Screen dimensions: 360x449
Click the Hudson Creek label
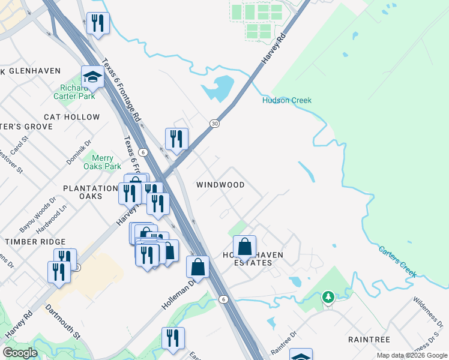(x=286, y=100)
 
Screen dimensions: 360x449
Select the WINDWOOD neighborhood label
(x=220, y=185)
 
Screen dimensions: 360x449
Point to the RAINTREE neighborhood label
(x=369, y=340)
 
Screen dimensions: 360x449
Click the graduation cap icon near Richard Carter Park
(x=93, y=77)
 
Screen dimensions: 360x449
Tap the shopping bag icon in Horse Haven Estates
(x=245, y=246)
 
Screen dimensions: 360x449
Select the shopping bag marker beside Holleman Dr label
(x=197, y=266)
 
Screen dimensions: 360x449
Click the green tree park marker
(x=328, y=297)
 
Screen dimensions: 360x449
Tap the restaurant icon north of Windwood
(x=176, y=139)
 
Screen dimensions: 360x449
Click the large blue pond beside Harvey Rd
(x=218, y=89)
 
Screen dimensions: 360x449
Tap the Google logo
(x=20, y=352)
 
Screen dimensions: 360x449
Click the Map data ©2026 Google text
(x=411, y=355)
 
